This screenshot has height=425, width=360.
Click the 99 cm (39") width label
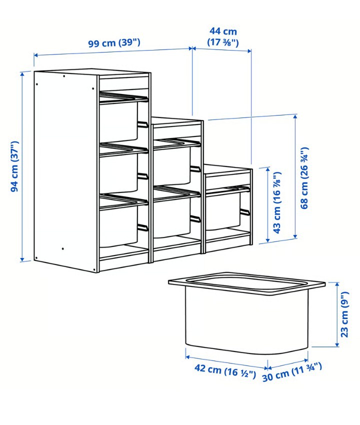(114, 43)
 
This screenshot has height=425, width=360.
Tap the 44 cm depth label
(223, 31)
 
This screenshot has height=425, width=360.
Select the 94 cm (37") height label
(14, 166)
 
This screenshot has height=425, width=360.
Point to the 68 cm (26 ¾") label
(304, 178)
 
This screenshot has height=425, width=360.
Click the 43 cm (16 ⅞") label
(277, 202)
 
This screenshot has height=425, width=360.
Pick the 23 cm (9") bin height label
(344, 314)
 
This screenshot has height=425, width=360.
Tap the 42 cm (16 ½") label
(225, 371)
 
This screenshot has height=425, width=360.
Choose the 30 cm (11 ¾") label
(292, 372)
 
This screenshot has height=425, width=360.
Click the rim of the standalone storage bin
(246, 282)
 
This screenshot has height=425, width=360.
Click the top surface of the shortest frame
(227, 169)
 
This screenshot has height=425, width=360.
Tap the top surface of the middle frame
(176, 121)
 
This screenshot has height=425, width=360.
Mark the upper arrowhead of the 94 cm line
(22, 73)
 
